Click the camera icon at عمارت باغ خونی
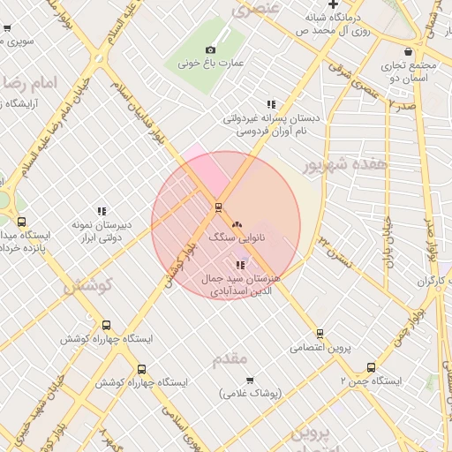[x=210, y=50]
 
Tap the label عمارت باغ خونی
[x=210, y=64]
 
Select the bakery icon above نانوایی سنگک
[x=237, y=224]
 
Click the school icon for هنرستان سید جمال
[x=240, y=265]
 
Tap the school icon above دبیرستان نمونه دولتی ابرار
[x=102, y=211]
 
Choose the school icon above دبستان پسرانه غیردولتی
[x=270, y=104]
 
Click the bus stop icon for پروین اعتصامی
[x=320, y=334]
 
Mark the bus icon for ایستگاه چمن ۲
[x=371, y=368]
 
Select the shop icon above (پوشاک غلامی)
[x=249, y=380]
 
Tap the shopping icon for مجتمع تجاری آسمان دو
[x=408, y=52]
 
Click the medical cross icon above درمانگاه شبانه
[x=333, y=4]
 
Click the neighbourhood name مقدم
[x=231, y=358]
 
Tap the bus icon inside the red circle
[x=218, y=207]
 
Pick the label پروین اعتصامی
[x=320, y=348]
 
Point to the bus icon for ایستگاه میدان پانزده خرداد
[x=21, y=222]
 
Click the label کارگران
[x=429, y=281]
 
